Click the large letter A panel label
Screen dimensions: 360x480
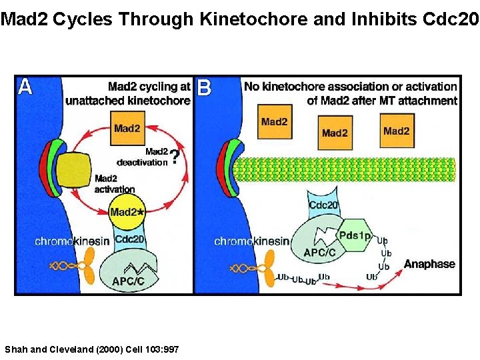point(25,88)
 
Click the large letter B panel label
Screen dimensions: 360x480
point(204,88)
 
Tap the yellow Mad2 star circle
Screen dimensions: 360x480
point(128,211)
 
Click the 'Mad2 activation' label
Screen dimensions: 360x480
point(115,183)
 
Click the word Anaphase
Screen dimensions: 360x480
point(429,264)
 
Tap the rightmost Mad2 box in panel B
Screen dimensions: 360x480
point(396,131)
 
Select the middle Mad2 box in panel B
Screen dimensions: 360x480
point(335,133)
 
